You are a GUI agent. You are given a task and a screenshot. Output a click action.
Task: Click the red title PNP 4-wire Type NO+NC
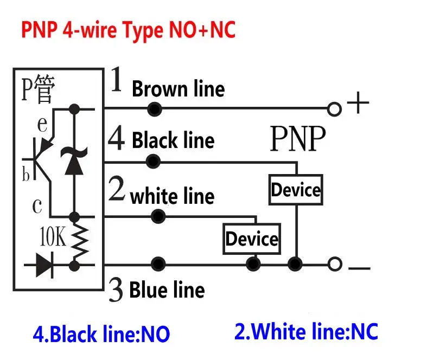129,29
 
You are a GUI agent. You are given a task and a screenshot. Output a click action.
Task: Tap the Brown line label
178,89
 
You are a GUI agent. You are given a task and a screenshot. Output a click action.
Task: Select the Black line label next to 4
173,140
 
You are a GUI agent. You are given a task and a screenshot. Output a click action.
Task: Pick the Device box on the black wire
296,190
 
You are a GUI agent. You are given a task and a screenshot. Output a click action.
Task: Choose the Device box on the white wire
252,239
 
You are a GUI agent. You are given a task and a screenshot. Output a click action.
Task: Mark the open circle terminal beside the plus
335,109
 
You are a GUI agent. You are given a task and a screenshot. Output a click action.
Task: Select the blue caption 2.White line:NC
306,331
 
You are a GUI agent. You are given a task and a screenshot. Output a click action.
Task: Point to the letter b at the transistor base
25,175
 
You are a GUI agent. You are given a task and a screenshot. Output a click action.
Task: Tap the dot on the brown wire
155,109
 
